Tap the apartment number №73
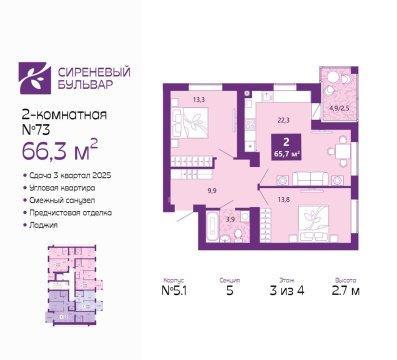click(x=38, y=129)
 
